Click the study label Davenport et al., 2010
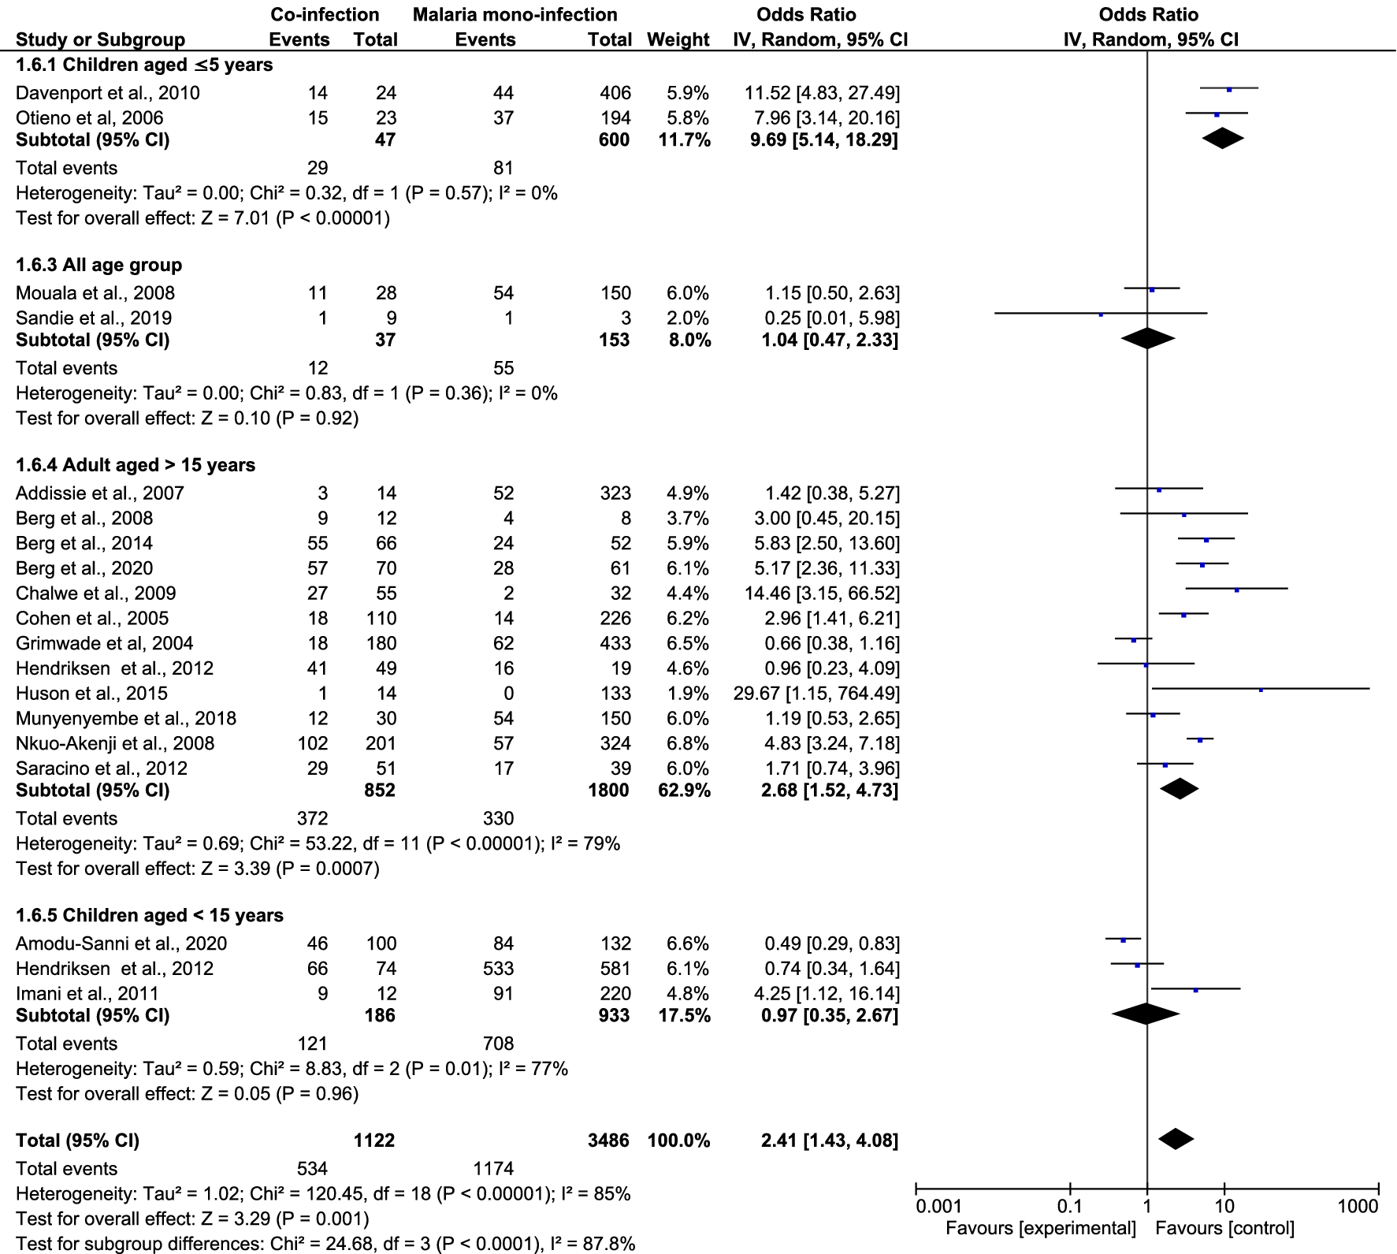coord(107,93)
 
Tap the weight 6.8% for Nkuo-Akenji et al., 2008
coord(687,743)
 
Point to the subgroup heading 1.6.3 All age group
coord(98,265)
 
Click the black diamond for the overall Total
coord(1176,1139)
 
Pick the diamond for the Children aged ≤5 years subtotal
coord(1223,139)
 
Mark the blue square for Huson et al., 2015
coord(1261,690)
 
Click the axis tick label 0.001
coord(938,1206)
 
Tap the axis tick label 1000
coord(1358,1206)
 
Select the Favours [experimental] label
coord(1040,1228)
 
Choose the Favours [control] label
coord(1224,1228)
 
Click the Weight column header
coord(678,39)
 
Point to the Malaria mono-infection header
coord(515,14)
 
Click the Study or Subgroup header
coord(100,39)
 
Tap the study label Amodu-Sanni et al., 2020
coord(121,943)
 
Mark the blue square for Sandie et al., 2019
coord(1101,314)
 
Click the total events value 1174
coord(493,1169)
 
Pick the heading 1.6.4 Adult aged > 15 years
coord(136,465)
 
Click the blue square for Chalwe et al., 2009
coord(1237,590)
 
